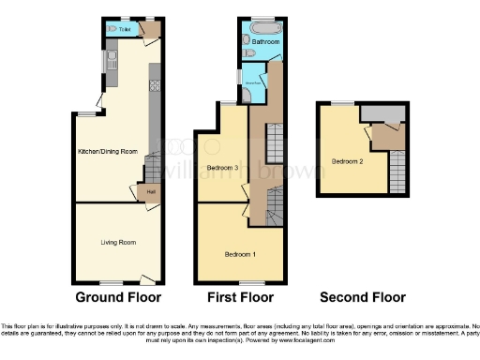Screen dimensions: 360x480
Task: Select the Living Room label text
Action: click(119, 243)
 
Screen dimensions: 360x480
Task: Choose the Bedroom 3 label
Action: click(222, 168)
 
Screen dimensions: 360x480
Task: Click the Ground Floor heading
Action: click(118, 297)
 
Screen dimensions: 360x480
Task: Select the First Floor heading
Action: click(241, 297)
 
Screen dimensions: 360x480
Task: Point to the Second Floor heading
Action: click(363, 297)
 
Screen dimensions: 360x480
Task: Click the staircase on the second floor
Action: click(397, 172)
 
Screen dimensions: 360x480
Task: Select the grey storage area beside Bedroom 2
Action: click(379, 113)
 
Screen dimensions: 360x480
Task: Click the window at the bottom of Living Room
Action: click(112, 282)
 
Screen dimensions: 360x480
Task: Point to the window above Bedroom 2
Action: click(342, 102)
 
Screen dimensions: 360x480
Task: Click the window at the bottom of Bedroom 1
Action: click(249, 282)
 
